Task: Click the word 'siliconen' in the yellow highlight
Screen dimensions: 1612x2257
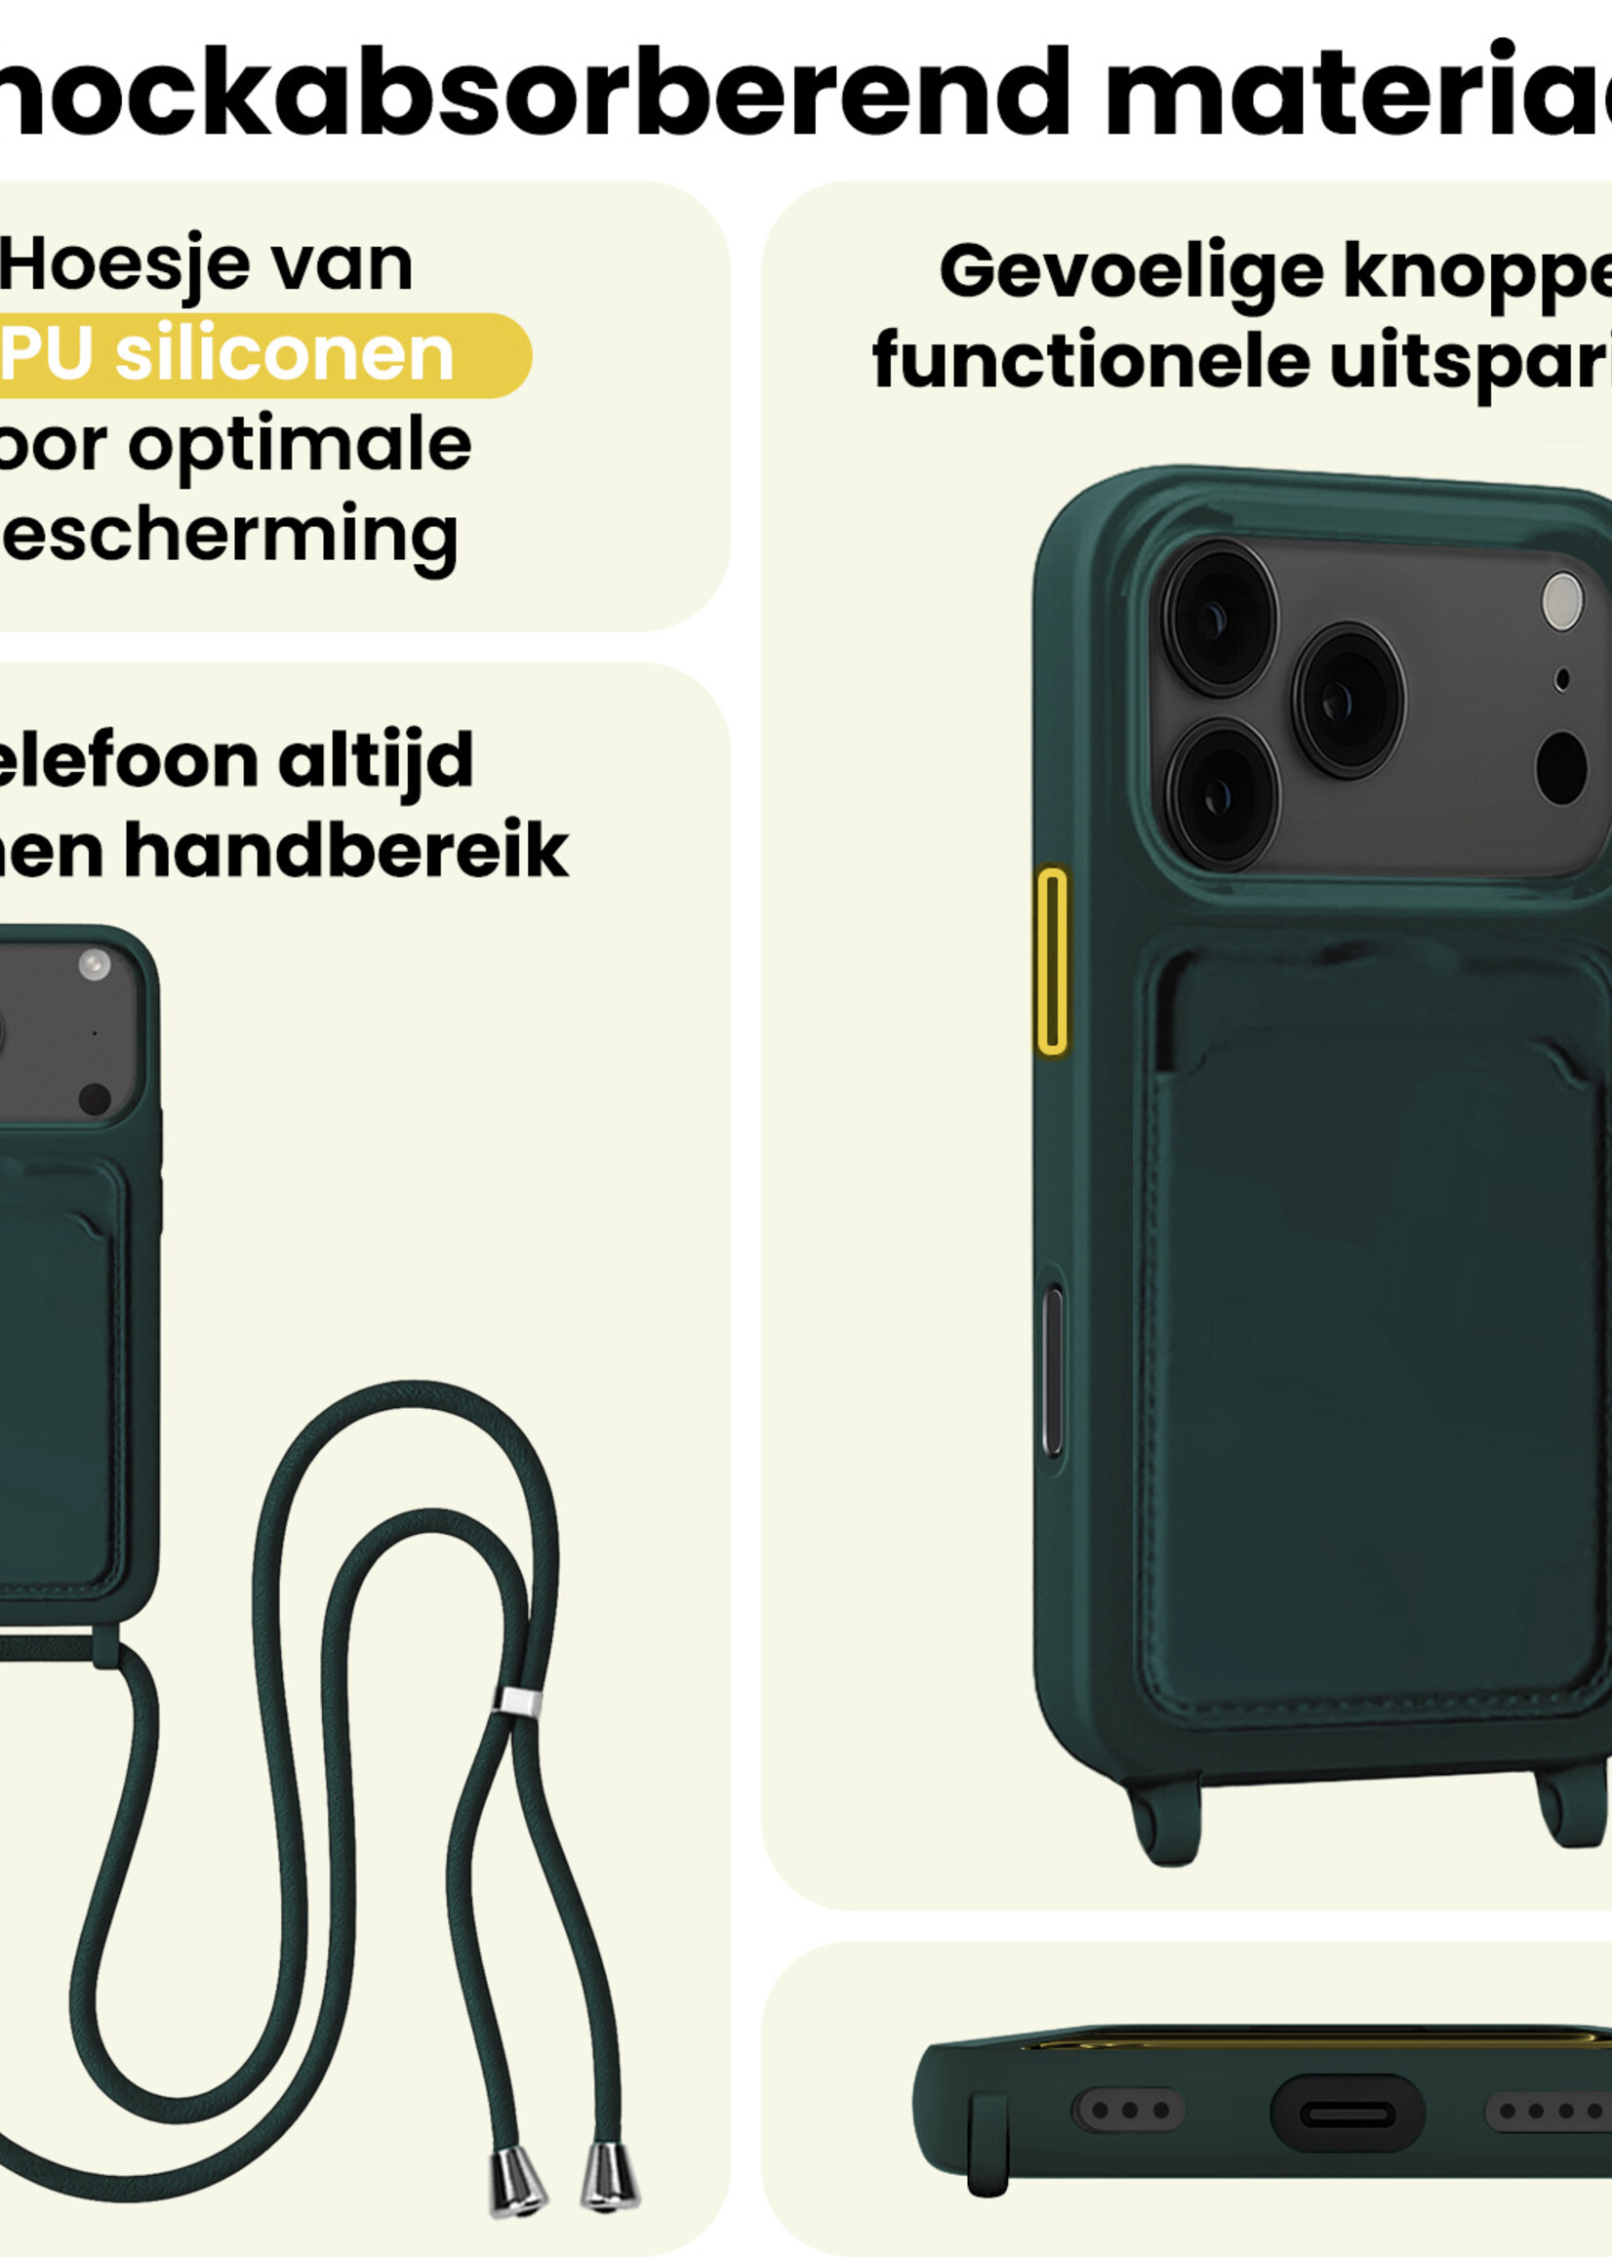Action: [x=284, y=355]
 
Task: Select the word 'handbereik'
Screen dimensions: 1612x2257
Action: [x=345, y=852]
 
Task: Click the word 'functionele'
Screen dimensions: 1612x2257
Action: [x=1091, y=361]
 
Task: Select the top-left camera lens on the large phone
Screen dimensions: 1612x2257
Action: [x=1220, y=618]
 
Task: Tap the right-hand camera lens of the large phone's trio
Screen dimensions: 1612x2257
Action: [x=1347, y=701]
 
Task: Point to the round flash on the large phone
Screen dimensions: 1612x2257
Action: [x=1562, y=602]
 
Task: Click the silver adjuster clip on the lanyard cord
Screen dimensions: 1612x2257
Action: [x=517, y=1701]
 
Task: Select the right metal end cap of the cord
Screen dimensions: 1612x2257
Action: [x=609, y=2176]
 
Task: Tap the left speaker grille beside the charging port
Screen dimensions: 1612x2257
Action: [x=1129, y=2110]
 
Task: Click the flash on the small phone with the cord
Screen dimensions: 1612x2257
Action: [x=95, y=965]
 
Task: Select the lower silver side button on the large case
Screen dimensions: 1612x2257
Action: [x=1053, y=1372]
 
